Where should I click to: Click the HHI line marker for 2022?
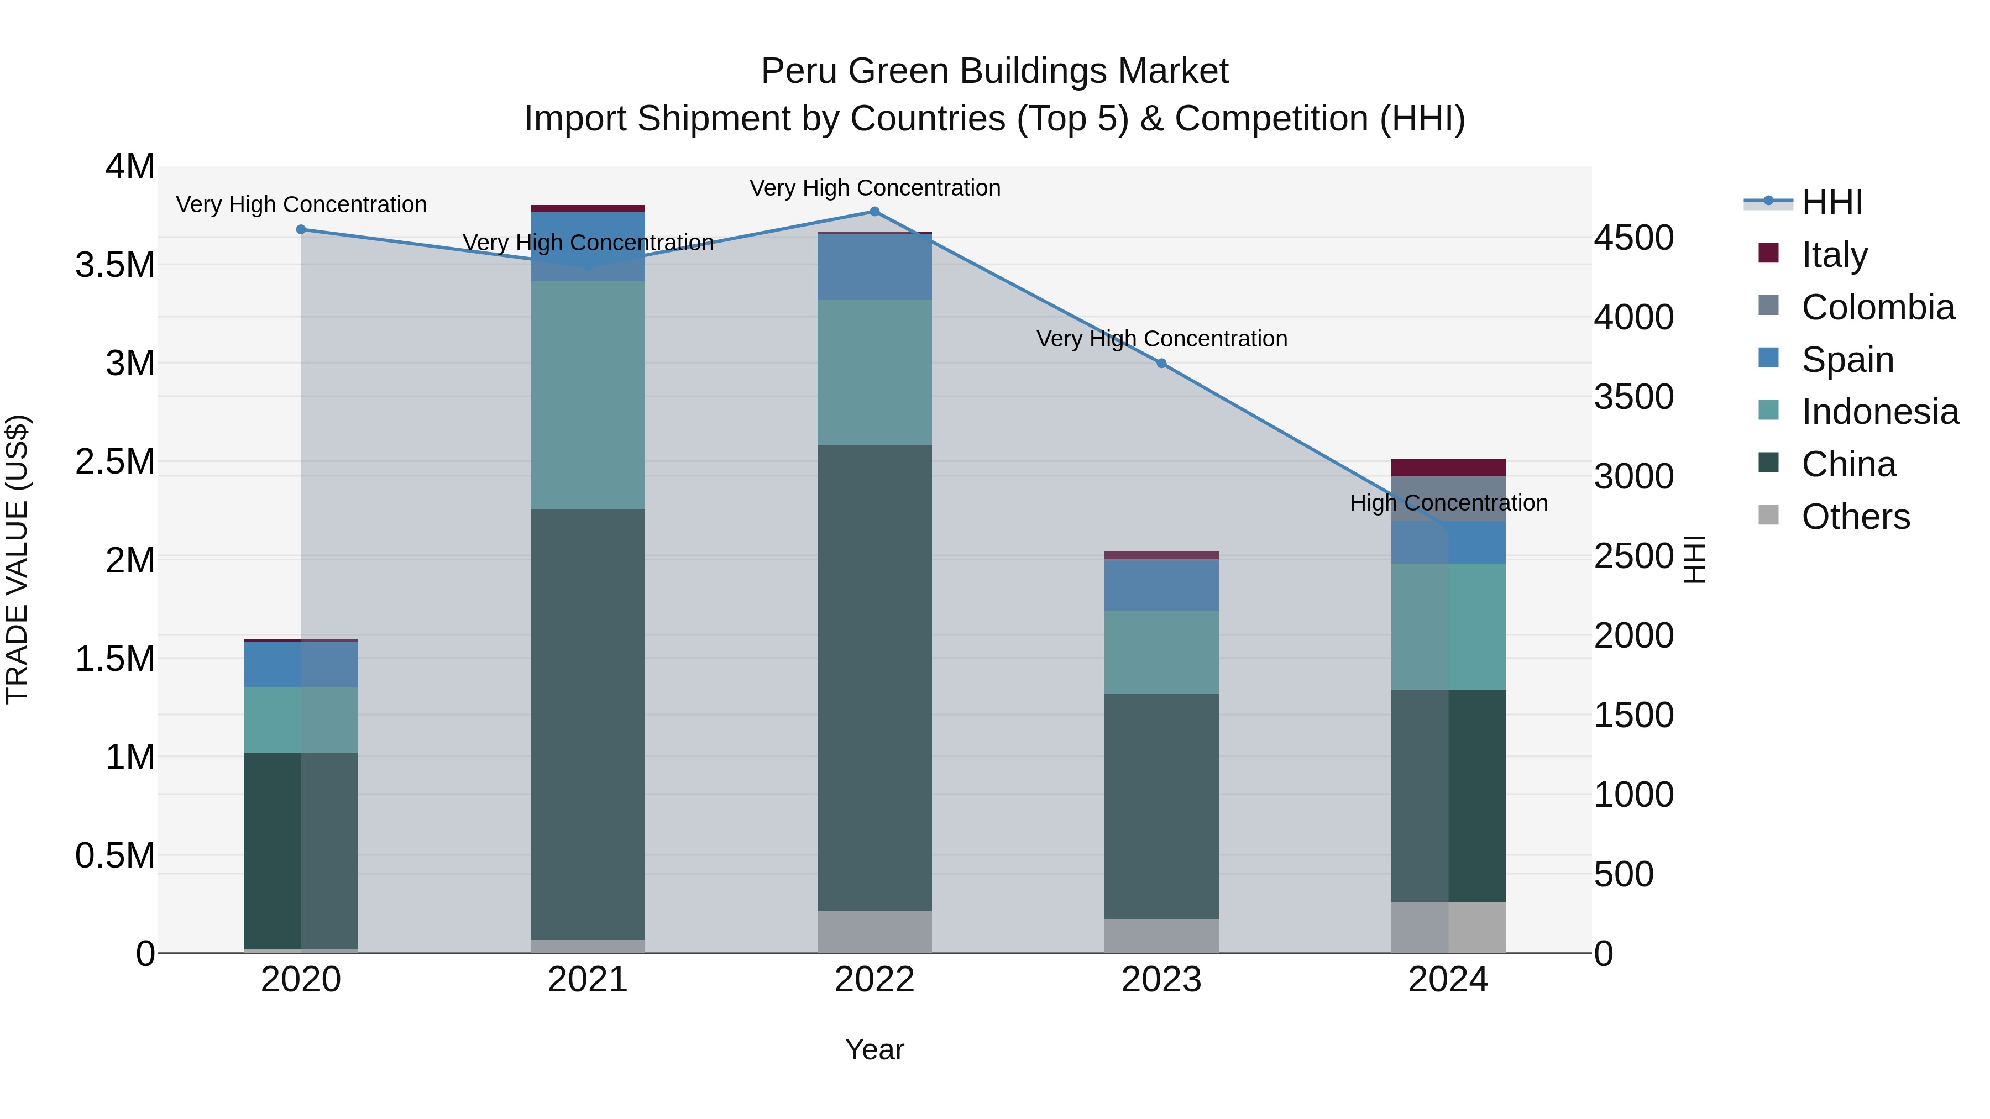pyautogui.click(x=874, y=212)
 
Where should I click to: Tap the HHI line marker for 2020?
pyautogui.click(x=301, y=229)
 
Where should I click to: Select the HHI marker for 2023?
pyautogui.click(x=1161, y=363)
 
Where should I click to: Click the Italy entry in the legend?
pyautogui.click(x=1834, y=255)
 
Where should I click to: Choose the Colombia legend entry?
pyautogui.click(x=1877, y=307)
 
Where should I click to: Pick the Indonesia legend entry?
pyautogui.click(x=1879, y=412)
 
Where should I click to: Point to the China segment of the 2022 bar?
pyautogui.click(x=874, y=677)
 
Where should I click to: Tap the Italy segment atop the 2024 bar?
pyautogui.click(x=1448, y=468)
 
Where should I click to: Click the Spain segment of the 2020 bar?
pyautogui.click(x=301, y=664)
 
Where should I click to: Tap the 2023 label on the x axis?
pyautogui.click(x=1161, y=980)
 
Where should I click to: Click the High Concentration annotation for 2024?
pyautogui.click(x=1448, y=503)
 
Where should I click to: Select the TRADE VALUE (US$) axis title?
pyautogui.click(x=17, y=559)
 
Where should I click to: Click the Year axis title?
pyautogui.click(x=874, y=1049)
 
